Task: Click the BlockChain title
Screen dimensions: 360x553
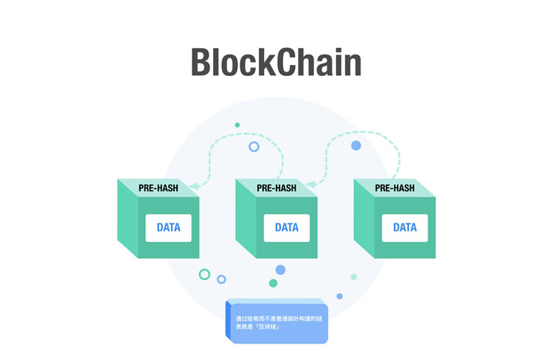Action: pos(276,62)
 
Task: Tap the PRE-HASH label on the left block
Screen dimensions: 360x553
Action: pos(158,188)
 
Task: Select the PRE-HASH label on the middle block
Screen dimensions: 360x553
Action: pos(276,188)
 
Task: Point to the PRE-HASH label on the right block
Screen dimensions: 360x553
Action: pos(394,188)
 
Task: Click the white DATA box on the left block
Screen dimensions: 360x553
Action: pos(168,227)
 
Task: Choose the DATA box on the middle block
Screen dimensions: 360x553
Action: pos(287,227)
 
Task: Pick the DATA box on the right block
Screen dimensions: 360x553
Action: pos(405,227)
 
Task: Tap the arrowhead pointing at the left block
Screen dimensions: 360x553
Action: pos(193,186)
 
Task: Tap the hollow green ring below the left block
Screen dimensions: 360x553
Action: pos(204,274)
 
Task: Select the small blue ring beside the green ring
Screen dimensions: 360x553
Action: pos(221,279)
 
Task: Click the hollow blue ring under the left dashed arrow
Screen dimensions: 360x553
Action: pos(254,147)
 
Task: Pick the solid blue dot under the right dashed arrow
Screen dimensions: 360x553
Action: pos(356,146)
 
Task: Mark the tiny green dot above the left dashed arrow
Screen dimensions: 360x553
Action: pos(237,125)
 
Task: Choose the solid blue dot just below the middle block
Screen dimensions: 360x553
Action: pos(280,270)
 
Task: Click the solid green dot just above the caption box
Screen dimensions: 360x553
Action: pos(273,283)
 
